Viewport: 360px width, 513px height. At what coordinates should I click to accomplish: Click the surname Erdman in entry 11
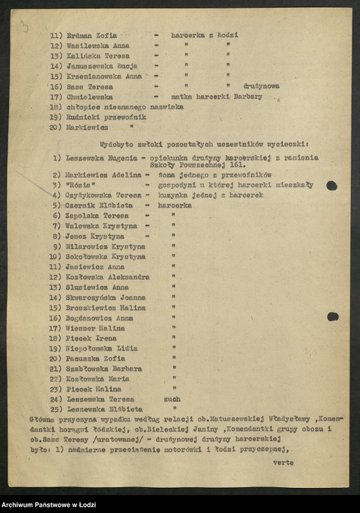79,35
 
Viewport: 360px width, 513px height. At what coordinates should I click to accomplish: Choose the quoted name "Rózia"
81,185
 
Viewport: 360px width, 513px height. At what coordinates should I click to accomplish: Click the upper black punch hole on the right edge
332,185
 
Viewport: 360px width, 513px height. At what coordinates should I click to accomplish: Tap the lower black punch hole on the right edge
333,316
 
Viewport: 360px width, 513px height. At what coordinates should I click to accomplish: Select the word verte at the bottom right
283,462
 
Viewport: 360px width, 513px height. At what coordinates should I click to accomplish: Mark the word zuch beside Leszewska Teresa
173,399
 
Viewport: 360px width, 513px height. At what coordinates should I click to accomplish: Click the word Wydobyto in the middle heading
118,145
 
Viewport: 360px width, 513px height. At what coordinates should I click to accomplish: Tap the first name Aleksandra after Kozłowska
129,277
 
